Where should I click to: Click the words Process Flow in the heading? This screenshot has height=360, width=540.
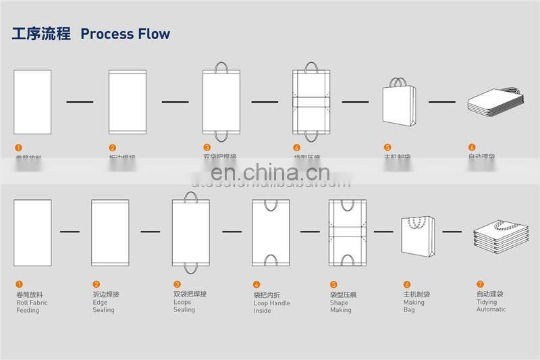coord(125,34)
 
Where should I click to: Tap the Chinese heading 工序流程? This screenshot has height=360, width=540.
coord(41,34)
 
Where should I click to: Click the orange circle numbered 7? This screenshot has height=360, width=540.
coord(480,284)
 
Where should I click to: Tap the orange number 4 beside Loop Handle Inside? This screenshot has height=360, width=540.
coord(256,285)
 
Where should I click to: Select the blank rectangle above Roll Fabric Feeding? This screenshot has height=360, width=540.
coord(32,232)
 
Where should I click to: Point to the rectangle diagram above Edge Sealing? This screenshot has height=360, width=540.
coord(110,232)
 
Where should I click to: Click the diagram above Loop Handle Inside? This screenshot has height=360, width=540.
coord(271,232)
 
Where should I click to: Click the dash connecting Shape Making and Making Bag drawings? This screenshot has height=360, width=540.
coord(383,232)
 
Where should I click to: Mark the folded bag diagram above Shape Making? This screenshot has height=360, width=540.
coord(348,232)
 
